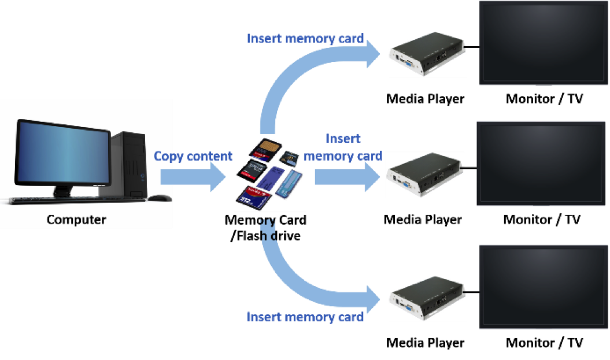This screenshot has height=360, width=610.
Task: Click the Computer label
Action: coord(76,220)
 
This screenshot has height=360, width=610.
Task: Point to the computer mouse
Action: coord(160,198)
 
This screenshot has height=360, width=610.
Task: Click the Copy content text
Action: coord(193,156)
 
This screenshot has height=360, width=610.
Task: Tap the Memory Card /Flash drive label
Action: coord(265,228)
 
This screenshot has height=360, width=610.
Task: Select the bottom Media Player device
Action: coord(428,296)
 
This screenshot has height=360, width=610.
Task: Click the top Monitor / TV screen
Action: coord(543,43)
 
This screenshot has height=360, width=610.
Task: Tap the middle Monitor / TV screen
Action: coord(542,164)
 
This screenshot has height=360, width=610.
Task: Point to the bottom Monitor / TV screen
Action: coord(543,287)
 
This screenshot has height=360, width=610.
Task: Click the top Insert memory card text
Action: coord(305,39)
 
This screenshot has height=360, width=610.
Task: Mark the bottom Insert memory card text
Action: coord(305,317)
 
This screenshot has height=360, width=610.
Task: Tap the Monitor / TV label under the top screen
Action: coord(544,98)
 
